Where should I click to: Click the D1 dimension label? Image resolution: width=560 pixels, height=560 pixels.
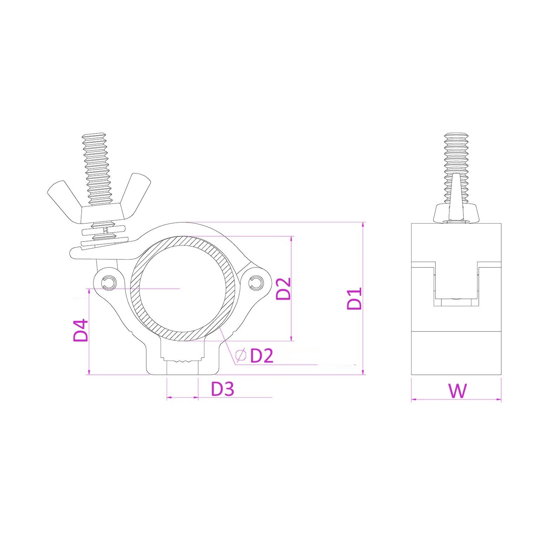[x=354, y=299]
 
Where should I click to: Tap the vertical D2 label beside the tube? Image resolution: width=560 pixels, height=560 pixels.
[x=283, y=289]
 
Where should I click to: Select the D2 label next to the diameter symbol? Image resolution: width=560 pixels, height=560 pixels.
[x=261, y=356]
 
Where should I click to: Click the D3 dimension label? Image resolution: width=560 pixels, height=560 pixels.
[x=222, y=389]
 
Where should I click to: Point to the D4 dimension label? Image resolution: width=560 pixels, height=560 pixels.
[x=80, y=330]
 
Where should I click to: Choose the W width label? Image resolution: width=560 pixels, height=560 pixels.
[x=457, y=391]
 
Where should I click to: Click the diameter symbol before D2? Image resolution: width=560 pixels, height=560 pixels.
[x=241, y=356]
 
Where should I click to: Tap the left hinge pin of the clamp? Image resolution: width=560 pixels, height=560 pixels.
[x=109, y=283]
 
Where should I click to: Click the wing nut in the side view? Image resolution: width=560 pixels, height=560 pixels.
[x=456, y=210]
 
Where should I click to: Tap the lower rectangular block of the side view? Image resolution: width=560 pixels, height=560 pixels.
[x=456, y=354]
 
